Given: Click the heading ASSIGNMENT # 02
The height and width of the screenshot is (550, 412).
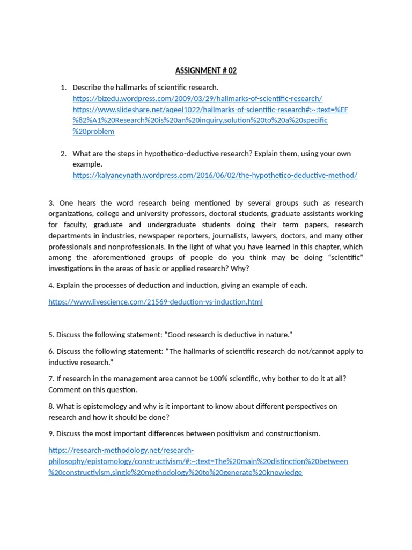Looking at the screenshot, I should (206, 71).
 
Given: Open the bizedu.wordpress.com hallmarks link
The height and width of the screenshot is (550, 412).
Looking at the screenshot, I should (197, 98).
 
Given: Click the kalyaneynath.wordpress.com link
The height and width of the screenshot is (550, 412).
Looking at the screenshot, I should (215, 175).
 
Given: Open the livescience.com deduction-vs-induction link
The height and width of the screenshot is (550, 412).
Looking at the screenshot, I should (156, 302).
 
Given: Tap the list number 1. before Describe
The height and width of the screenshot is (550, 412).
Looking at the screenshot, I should (63, 88).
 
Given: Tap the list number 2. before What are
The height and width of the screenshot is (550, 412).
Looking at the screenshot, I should (63, 154).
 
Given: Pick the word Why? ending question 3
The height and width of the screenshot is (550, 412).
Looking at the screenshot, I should (240, 269).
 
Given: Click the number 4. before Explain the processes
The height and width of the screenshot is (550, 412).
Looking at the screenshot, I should (51, 285).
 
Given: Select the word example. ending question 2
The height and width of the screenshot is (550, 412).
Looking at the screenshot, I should (87, 164).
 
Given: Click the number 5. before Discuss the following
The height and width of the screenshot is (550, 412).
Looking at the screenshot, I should (51, 335).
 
